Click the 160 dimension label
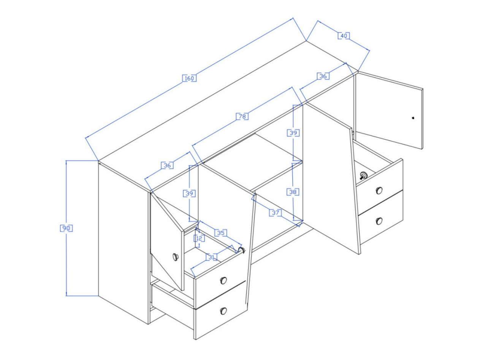(x=189, y=78)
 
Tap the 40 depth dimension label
(x=344, y=36)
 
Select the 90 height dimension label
(x=66, y=228)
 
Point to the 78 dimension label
(x=242, y=116)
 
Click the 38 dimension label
(x=293, y=192)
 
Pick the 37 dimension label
(x=275, y=213)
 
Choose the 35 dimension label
(x=221, y=233)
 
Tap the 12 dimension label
(x=199, y=238)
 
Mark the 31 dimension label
(x=211, y=257)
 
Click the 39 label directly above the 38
(x=293, y=133)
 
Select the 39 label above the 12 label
(x=189, y=193)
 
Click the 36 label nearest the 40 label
(x=323, y=76)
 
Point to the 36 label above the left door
(x=167, y=165)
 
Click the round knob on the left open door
(x=176, y=257)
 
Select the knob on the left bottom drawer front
(x=223, y=311)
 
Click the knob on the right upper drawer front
(x=379, y=190)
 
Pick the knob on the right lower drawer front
(x=379, y=221)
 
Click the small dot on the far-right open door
(x=413, y=118)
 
